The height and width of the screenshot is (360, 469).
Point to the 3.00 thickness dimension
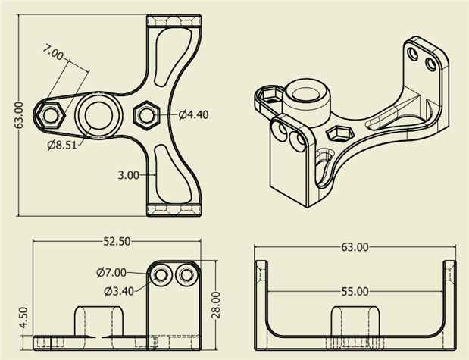[x=129, y=174]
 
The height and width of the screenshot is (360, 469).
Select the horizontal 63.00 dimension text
[x=355, y=246]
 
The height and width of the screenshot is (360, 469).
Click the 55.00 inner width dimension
[x=355, y=291]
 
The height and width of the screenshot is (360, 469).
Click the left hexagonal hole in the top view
[x=51, y=115]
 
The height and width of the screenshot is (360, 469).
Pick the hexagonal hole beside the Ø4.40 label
[x=145, y=114]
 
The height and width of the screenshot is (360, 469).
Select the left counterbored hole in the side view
[x=161, y=275]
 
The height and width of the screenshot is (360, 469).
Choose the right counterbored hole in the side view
[x=184, y=275]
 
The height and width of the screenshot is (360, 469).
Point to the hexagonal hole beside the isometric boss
[x=338, y=135]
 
